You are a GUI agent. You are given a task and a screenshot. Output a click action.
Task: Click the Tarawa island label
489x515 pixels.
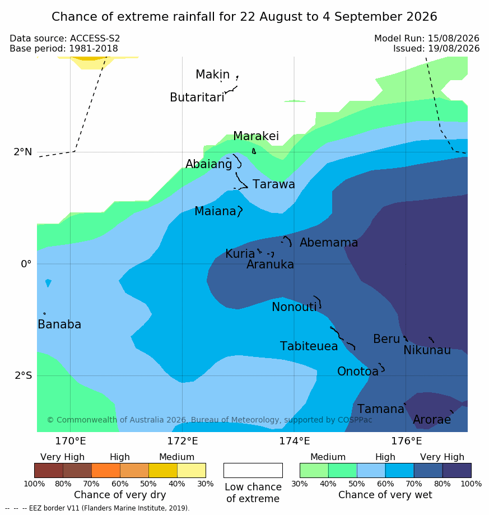[273, 184]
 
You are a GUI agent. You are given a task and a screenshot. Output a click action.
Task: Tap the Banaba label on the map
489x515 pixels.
[59, 324]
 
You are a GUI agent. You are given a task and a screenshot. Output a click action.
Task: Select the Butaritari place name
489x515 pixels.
[197, 97]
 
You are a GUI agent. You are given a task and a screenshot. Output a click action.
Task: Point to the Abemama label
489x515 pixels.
[329, 243]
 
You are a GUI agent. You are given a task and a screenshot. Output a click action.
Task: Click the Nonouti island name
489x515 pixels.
[294, 307]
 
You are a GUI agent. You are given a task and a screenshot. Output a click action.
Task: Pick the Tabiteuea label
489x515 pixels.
[309, 346]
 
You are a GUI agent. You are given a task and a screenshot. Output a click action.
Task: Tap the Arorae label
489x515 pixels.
[432, 419]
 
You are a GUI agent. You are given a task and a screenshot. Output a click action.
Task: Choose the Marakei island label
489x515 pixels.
[256, 136]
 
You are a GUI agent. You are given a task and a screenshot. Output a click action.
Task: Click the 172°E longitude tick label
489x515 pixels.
[183, 441]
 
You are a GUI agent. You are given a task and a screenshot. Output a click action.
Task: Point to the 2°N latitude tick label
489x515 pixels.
[23, 152]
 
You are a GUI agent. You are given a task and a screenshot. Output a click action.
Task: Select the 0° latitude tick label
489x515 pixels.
[26, 264]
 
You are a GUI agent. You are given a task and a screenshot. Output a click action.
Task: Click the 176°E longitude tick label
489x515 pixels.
[406, 441]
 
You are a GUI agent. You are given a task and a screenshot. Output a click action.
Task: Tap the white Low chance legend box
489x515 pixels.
[253, 470]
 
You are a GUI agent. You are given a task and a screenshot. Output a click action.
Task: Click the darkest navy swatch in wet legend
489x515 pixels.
[457, 470]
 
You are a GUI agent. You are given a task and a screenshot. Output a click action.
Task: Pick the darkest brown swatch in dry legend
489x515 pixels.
[49, 470]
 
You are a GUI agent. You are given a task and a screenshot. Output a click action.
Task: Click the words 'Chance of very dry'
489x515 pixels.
[120, 495]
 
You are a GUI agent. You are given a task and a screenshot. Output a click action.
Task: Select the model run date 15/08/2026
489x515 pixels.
[454, 39]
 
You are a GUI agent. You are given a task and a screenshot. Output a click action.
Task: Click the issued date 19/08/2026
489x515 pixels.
[454, 49]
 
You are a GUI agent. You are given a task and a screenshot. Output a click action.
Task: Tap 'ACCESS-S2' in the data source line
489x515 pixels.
[95, 39]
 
